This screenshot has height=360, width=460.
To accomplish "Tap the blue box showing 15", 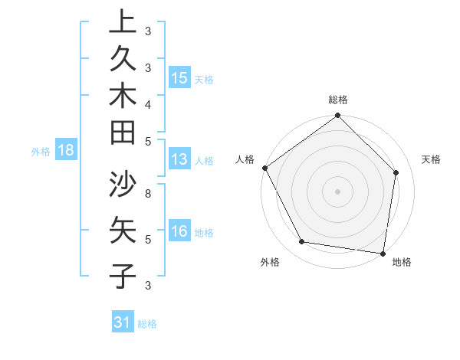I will click(179, 78).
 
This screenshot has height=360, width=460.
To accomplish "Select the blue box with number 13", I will click(179, 160).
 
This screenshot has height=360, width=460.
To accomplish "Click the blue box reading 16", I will click(179, 232).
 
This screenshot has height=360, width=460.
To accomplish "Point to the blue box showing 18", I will click(66, 150).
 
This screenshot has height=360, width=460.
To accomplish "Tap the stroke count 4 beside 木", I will click(148, 104).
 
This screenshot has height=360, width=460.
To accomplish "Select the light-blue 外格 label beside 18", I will click(41, 152).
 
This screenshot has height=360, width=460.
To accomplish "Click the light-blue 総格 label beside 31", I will click(147, 324).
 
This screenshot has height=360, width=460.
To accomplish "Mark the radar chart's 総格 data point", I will click(337, 116).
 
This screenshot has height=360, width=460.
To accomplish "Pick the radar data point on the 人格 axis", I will click(265, 168).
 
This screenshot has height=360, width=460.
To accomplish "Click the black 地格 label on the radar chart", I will click(402, 263).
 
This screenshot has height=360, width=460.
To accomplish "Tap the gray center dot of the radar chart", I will click(337, 191).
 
